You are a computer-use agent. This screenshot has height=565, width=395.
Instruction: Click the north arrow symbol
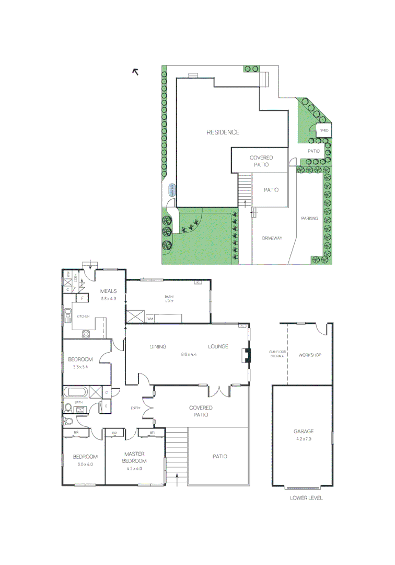click(x=136, y=72)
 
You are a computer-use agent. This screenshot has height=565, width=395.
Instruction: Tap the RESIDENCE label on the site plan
click(x=223, y=132)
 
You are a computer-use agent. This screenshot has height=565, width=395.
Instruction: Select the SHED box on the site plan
click(x=324, y=130)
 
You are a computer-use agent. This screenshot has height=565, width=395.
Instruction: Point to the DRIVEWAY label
click(x=272, y=238)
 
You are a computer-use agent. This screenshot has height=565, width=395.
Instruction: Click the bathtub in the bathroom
click(x=76, y=392)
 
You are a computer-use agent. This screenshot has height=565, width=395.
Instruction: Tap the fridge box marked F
click(x=82, y=298)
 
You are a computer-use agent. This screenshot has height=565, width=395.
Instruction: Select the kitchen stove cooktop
click(x=86, y=333)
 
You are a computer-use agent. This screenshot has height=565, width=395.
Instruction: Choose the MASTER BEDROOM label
click(x=134, y=457)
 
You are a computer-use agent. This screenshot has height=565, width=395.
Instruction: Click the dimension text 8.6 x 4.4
click(x=189, y=355)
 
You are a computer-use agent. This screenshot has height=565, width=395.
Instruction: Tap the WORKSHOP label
click(x=309, y=355)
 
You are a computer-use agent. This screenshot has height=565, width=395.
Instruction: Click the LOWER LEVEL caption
click(x=306, y=498)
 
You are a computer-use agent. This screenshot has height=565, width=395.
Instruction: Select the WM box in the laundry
click(x=150, y=318)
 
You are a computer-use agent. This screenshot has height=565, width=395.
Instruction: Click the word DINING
click(x=158, y=346)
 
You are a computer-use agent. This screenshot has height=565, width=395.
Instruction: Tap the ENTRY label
click(x=136, y=408)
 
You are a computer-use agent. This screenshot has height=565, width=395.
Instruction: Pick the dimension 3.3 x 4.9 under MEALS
click(x=108, y=299)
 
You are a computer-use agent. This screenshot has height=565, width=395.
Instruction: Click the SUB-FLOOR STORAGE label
click(x=277, y=354)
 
